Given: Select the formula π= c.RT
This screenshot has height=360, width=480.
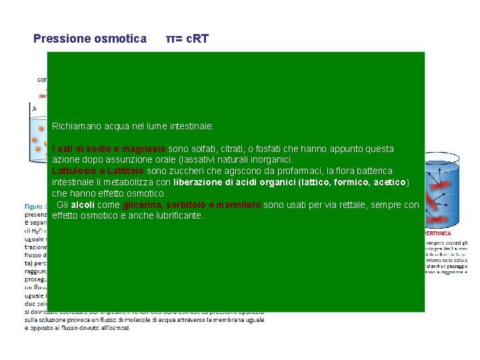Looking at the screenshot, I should coord(187,39).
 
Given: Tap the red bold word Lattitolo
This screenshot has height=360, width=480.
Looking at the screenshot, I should coord(119,171).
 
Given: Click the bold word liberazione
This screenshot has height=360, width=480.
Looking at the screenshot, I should coord(199,182).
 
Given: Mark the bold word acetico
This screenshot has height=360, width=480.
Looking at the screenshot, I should coord(387,182).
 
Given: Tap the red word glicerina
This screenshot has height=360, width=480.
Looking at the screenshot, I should coord(142,205).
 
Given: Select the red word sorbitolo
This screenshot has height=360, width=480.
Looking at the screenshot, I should coord(185,205).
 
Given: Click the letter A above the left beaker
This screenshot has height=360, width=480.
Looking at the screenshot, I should coord(35,108).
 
